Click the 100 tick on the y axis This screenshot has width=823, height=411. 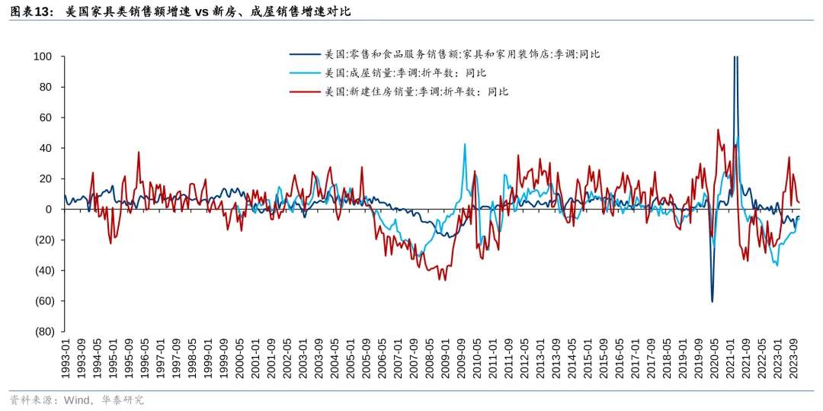[x=43, y=57]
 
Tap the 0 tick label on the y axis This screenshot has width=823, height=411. [x=47, y=210]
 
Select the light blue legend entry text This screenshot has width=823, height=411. [x=405, y=73]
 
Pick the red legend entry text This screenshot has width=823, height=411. [x=416, y=92]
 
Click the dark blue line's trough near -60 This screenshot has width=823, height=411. [x=713, y=302]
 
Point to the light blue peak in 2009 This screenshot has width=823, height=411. [x=465, y=143]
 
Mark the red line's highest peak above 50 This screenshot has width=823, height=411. [x=718, y=130]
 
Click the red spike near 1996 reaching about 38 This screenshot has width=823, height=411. [x=139, y=152]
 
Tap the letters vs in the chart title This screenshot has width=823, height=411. [x=205, y=12]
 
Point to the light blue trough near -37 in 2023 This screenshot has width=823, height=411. [x=777, y=265]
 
